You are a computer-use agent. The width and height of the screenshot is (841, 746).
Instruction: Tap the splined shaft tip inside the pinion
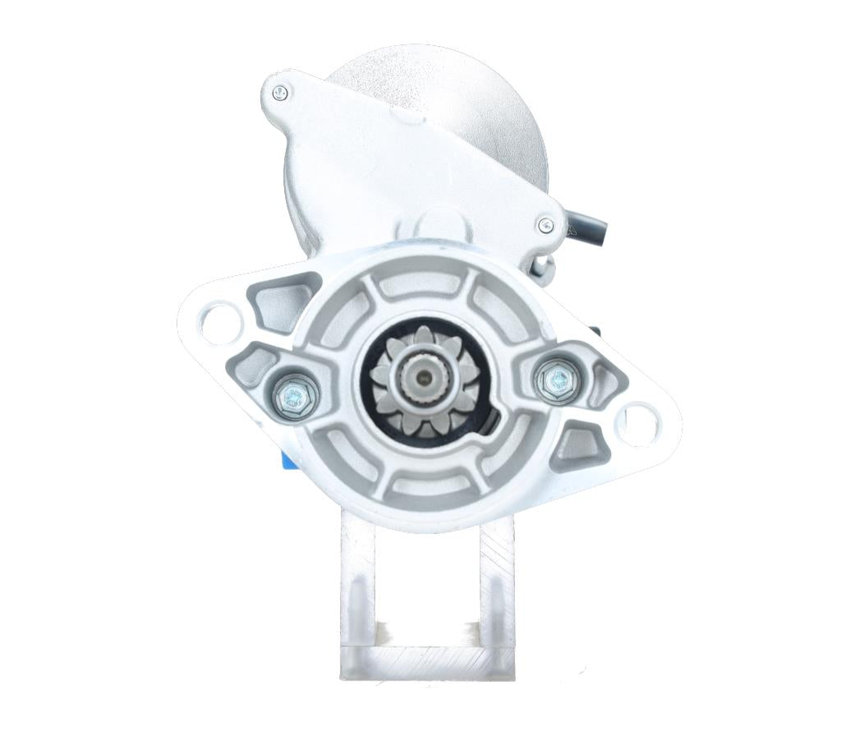[422, 379]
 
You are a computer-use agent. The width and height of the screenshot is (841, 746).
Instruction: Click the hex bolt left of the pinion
[293, 392]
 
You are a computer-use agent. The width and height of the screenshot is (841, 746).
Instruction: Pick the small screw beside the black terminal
[545, 224]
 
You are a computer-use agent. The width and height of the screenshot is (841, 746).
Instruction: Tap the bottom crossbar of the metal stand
[427, 661]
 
